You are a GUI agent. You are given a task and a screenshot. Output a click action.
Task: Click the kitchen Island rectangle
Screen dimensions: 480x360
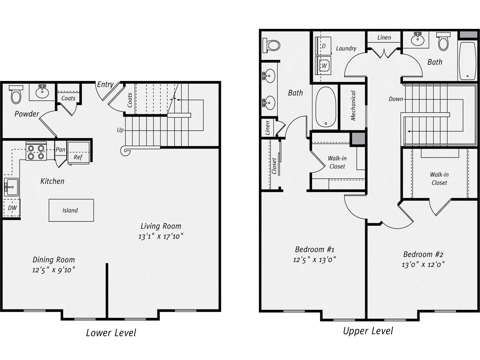pyautogui.click(x=71, y=210)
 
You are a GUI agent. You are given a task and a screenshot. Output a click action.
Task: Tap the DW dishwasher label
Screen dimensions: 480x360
pyautogui.click(x=12, y=208)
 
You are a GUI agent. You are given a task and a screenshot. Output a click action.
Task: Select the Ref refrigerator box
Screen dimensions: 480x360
pyautogui.click(x=78, y=153)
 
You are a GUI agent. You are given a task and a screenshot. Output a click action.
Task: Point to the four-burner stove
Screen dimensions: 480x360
pyautogui.click(x=36, y=151)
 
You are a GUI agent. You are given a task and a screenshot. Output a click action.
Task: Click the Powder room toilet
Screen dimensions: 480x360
pyautogui.click(x=16, y=94)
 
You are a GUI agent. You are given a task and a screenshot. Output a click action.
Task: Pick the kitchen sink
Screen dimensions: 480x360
pyautogui.click(x=11, y=187)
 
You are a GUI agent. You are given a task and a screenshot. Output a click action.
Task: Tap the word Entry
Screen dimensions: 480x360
pyautogui.click(x=105, y=85)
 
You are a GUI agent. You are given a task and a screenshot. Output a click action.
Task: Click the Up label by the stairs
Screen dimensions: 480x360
pyautogui.click(x=120, y=130)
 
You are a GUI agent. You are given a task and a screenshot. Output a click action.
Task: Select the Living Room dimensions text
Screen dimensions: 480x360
pyautogui.click(x=161, y=236)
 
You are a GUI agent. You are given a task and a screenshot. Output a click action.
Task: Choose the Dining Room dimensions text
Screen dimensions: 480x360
pyautogui.click(x=54, y=270)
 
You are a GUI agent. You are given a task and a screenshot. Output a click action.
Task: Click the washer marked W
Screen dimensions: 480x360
pyautogui.click(x=323, y=66)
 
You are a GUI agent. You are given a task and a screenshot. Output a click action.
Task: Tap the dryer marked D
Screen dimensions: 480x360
pyautogui.click(x=323, y=46)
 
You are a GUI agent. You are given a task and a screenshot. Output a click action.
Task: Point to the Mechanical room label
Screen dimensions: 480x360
pyautogui.click(x=353, y=106)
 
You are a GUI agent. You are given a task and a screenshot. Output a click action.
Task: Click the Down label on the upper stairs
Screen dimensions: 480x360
pyautogui.click(x=396, y=99)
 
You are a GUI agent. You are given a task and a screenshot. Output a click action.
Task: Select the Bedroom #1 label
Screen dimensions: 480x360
pyautogui.click(x=315, y=249)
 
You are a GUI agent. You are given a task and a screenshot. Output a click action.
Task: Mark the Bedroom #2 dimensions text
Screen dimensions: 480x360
pyautogui.click(x=423, y=265)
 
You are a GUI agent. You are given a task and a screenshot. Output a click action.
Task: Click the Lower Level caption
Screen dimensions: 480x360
pyautogui.click(x=111, y=333)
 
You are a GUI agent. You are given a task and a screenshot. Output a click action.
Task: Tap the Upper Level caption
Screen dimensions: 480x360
pyautogui.click(x=368, y=331)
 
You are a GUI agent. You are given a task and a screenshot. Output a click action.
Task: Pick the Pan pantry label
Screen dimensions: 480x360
pyautogui.click(x=60, y=150)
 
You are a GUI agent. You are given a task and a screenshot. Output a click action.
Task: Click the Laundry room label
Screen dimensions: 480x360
pyautogui.click(x=346, y=48)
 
